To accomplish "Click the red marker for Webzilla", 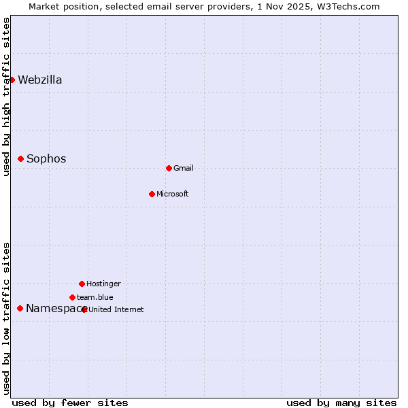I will tap(12, 80).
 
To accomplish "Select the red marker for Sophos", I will tap(20, 158).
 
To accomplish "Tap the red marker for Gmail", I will tap(169, 168).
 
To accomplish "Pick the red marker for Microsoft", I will tap(152, 194).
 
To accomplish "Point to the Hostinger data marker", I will tap(82, 284).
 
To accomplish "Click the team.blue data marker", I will tap(72, 297).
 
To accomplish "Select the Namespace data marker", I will tap(20, 308).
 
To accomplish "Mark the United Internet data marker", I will tap(84, 309).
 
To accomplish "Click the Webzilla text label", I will tap(40, 80).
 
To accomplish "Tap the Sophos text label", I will tap(46, 158).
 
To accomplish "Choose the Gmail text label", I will tap(184, 168).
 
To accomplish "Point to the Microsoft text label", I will tap(173, 194).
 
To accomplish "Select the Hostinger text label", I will tap(103, 284).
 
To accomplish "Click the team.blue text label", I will tap(95, 297).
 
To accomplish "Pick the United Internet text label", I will tap(116, 309).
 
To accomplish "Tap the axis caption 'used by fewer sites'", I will tap(70, 403).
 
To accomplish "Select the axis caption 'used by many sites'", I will tap(341, 403).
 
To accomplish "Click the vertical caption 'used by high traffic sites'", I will tap(6, 97).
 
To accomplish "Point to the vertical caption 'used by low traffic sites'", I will tap(6, 318).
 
